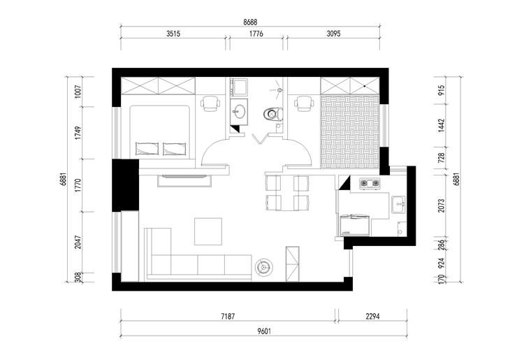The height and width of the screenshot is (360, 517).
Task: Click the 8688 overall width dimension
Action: click(250, 22)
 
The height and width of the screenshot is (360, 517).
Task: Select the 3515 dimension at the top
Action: click(173, 34)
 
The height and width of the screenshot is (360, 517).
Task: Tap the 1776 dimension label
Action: click(256, 34)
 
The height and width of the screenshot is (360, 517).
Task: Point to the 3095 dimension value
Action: click(333, 34)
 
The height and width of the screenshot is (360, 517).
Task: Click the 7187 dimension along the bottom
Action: click(228, 317)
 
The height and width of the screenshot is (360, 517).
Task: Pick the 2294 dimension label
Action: click(372, 317)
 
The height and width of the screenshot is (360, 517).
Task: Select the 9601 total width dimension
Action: click(264, 331)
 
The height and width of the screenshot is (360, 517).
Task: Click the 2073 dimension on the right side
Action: click(442, 206)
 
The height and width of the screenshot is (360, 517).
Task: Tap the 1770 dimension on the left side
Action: click(78, 185)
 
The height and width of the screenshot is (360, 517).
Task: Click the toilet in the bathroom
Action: click(272, 114)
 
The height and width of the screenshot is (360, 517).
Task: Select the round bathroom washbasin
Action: click(239, 111)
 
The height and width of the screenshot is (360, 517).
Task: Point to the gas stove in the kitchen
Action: click(370, 183)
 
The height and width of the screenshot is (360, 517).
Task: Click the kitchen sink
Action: click(398, 205)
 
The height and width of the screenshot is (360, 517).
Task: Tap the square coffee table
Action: click(208, 231)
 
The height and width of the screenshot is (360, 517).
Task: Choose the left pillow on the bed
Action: click(147, 149)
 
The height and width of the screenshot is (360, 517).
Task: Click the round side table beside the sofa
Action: click(264, 266)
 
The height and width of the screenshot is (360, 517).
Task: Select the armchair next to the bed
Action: click(210, 103)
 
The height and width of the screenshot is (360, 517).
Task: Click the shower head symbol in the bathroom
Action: click(279, 89)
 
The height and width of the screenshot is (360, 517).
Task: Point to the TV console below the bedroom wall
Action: click(184, 181)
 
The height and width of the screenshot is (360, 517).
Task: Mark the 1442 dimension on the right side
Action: click(442, 126)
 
